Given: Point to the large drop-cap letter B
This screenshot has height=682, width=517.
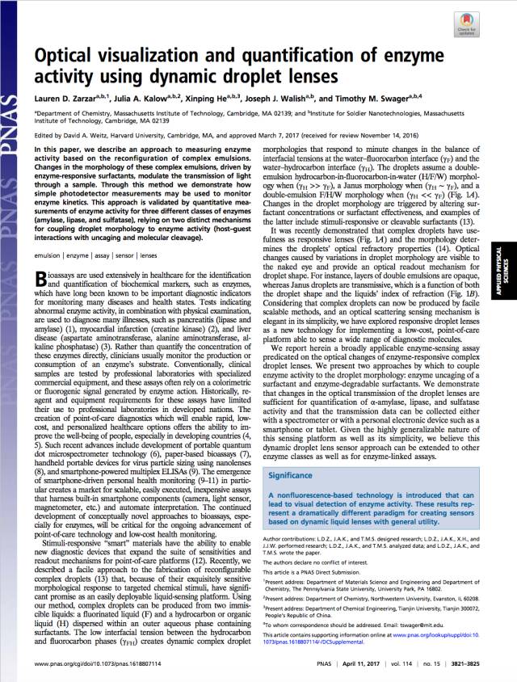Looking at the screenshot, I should tap(44, 234).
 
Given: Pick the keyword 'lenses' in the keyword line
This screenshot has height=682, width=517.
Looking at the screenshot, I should tap(148, 209).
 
